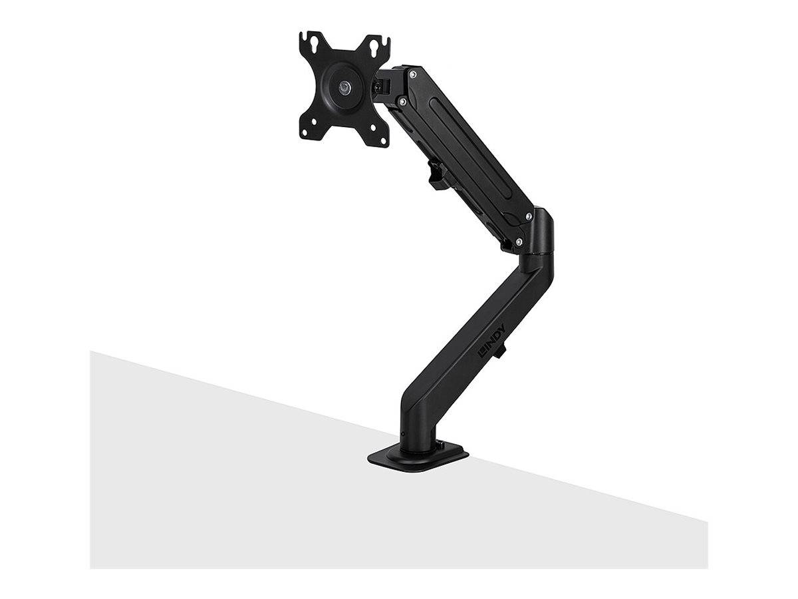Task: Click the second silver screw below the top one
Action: tap(402, 100)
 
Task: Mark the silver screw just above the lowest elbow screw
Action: tap(529, 216)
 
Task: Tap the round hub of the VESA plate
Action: tap(343, 87)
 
